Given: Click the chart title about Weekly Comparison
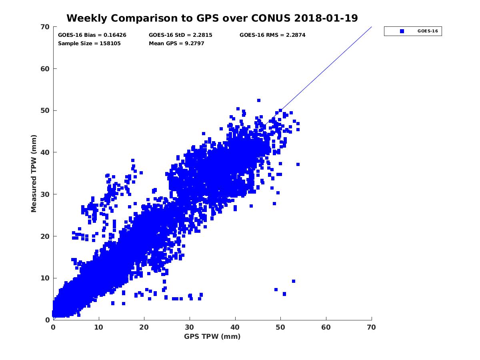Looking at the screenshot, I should click(212, 18).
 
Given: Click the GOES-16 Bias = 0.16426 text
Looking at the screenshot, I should click(92, 35).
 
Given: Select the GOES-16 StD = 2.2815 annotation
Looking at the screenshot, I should click(180, 35).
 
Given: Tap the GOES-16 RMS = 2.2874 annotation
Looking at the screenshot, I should click(272, 35).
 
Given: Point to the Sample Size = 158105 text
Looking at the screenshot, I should click(89, 43).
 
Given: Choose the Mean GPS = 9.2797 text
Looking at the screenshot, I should click(176, 43).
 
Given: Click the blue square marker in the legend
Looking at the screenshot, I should click(402, 31).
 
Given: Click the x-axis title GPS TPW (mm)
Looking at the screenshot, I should click(212, 336).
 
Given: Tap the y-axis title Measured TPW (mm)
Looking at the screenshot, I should click(34, 173).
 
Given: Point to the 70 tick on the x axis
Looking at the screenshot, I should click(372, 327).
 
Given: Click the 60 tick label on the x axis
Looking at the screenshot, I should click(326, 327).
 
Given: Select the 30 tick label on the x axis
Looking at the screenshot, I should click(190, 327).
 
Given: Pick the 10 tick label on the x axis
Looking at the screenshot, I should click(99, 327).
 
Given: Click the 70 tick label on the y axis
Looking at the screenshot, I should click(45, 27).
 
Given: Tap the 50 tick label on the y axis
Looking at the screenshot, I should click(45, 110).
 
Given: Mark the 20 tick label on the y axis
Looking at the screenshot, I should click(45, 236).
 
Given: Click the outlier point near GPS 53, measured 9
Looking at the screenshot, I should click(293, 281).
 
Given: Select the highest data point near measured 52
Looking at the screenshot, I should click(259, 100).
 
